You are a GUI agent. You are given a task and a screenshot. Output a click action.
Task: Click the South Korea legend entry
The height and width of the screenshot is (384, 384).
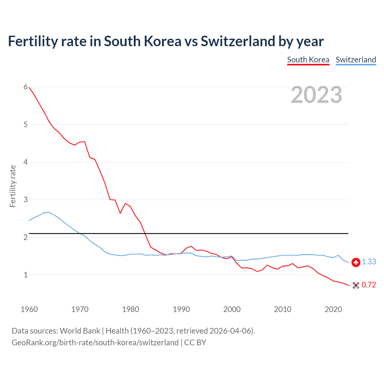(308, 60)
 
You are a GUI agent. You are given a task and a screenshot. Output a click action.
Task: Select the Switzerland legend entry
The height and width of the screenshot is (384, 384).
(355, 60)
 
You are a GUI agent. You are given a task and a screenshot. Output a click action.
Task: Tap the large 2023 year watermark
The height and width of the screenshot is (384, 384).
(316, 95)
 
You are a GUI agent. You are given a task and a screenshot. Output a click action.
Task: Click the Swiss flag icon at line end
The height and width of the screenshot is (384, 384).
(356, 262)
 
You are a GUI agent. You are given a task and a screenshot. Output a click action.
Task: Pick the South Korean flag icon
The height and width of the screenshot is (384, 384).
(356, 285)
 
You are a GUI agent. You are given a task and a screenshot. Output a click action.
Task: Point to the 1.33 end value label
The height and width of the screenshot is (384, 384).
(369, 262)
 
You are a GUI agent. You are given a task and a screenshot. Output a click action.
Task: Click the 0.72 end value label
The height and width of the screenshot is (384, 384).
(369, 285)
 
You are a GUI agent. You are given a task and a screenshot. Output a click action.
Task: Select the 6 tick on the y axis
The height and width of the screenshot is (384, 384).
(25, 87)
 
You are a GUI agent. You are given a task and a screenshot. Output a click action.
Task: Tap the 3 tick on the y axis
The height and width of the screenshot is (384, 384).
(25, 199)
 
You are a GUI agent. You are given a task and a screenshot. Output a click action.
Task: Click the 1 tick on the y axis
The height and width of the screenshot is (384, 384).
(25, 275)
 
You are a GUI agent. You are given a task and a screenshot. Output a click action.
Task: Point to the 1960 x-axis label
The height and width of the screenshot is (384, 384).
(29, 309)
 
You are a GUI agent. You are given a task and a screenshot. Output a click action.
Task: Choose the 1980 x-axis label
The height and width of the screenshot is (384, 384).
(130, 309)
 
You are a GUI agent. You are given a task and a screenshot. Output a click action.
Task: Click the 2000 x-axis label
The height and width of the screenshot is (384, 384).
(232, 309)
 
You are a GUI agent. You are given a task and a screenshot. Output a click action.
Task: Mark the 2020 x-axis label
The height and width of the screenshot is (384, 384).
(333, 309)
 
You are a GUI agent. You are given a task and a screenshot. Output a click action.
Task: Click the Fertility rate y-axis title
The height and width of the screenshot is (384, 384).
(13, 186)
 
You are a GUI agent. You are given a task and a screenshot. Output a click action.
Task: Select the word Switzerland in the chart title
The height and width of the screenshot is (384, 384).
(238, 41)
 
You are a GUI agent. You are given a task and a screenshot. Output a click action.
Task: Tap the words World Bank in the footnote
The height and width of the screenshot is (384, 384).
(80, 331)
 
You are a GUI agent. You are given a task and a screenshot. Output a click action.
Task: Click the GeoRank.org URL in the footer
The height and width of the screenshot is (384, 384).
(95, 343)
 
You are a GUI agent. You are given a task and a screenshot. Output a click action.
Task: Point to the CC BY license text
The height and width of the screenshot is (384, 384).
(195, 343)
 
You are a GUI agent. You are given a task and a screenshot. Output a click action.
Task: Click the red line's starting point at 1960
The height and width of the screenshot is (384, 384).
(29, 87)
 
